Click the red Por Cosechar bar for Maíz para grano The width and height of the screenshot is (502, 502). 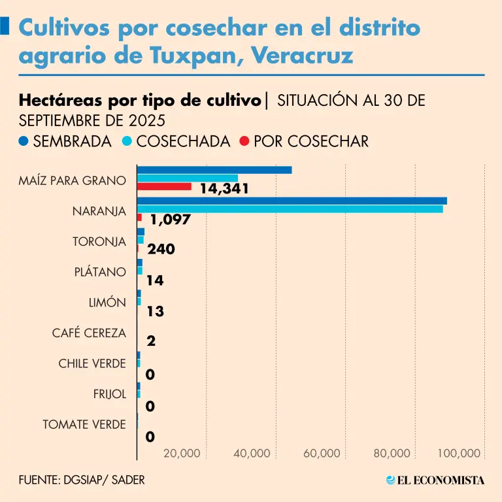pos(164,186)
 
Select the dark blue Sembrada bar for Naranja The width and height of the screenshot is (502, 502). pos(292,201)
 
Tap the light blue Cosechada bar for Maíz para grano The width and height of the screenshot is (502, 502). pos(188,178)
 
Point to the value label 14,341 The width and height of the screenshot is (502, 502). pos(225,189)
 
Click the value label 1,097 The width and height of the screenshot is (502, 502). pos(170,220)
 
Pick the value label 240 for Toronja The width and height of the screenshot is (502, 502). pos(161,249)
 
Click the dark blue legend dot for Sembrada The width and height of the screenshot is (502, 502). pos(24,141)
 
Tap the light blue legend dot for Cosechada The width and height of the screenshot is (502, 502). pos(128,141)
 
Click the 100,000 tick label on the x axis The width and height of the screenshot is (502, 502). pos(460,453)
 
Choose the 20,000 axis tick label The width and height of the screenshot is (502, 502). pos(182,453)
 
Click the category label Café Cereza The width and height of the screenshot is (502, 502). pos(89,333)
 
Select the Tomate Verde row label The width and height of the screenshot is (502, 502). pos(84,424)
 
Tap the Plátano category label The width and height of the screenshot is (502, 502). pos(100,272)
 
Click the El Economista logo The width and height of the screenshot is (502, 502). pos(435,480)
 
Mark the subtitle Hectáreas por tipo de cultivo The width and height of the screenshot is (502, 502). pos(140,101)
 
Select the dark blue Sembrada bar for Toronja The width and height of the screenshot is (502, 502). pos(141,232)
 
